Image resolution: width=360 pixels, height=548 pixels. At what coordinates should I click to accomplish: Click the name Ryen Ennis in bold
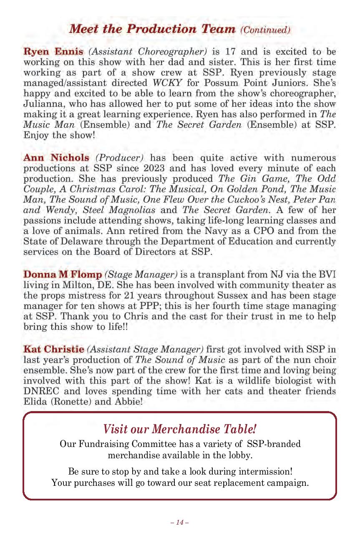[53, 52]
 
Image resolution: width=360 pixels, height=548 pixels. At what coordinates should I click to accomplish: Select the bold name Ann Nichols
[56, 158]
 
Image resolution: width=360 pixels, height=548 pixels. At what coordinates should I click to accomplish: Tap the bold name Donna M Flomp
[63, 275]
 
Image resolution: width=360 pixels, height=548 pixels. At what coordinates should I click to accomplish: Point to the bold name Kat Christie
[54, 348]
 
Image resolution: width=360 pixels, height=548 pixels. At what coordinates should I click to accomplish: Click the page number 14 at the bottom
[180, 522]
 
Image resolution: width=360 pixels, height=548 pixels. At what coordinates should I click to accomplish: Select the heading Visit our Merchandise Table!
[179, 429]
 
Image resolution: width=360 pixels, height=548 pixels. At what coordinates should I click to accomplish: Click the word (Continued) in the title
[264, 30]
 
